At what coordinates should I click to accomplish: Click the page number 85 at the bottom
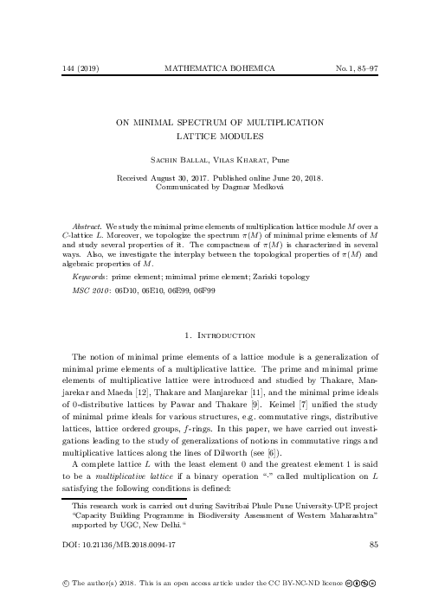[x=374, y=545]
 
